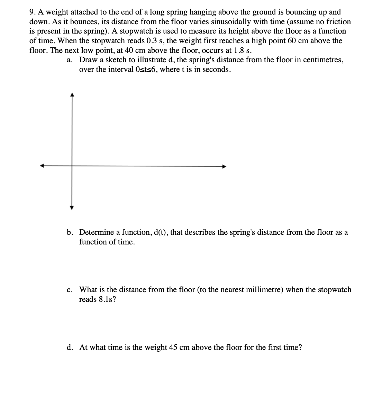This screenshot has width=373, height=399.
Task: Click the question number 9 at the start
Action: point(31,12)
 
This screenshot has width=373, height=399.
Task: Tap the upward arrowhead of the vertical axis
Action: point(72,94)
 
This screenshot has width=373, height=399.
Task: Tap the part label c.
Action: point(70,290)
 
